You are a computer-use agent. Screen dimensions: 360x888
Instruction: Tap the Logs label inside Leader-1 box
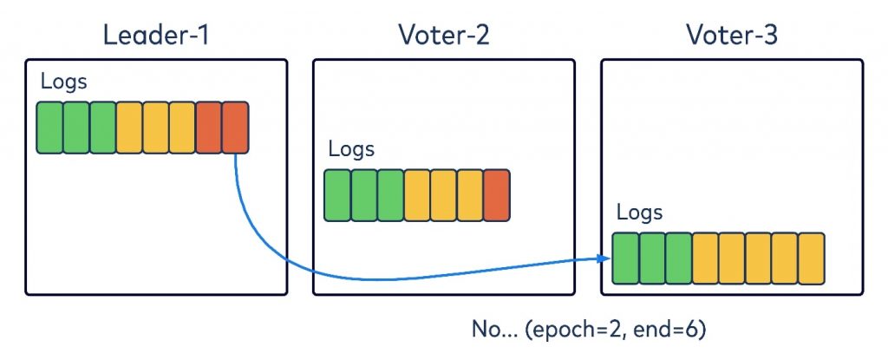[x=64, y=82]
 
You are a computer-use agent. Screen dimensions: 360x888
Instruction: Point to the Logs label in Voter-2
[x=351, y=148]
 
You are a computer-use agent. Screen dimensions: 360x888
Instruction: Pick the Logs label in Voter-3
[x=639, y=213]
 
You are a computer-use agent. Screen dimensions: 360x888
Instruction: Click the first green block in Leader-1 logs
[x=49, y=128]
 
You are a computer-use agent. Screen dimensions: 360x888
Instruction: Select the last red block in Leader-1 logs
[x=236, y=128]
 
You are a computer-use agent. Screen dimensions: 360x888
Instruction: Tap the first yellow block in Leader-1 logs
[x=129, y=128]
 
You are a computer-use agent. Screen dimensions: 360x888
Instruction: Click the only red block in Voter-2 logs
[x=496, y=194]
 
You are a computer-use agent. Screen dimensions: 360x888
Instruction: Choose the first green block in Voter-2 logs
[x=337, y=194]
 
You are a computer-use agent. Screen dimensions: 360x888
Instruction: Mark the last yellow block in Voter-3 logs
[x=811, y=258]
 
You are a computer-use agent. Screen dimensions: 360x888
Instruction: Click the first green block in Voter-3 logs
[x=625, y=258]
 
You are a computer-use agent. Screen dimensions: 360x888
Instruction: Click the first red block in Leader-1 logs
[x=209, y=128]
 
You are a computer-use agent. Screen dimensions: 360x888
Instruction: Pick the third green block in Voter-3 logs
[x=678, y=258]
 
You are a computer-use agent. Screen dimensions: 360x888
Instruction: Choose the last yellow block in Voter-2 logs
[x=469, y=194]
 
